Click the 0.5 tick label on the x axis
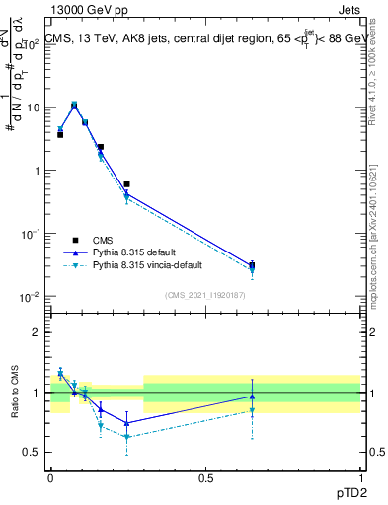click(x=205, y=478)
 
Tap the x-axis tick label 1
click(x=360, y=478)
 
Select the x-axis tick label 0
click(x=50, y=478)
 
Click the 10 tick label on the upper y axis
click(x=33, y=108)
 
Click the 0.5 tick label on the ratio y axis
click(x=33, y=452)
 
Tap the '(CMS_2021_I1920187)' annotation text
click(x=204, y=294)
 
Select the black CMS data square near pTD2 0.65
click(x=252, y=265)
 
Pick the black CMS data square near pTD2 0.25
click(x=127, y=184)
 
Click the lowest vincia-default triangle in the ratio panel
click(x=127, y=437)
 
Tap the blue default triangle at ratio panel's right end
click(x=252, y=397)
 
